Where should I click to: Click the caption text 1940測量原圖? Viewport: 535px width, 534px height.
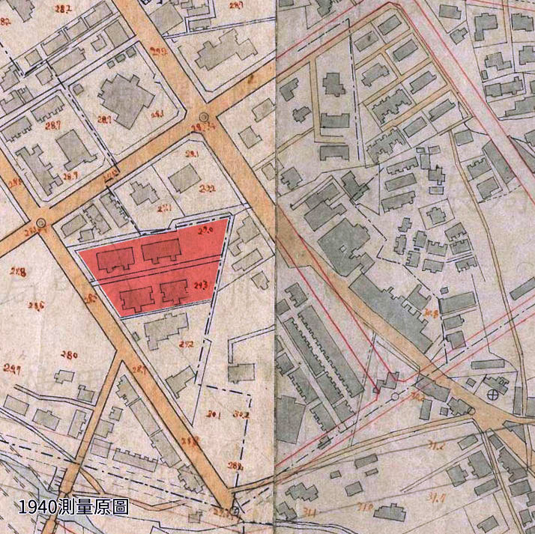point(73,506)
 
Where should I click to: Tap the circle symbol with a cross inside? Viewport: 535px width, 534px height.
point(492,393)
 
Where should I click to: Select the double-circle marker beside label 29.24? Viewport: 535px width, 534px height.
point(203,118)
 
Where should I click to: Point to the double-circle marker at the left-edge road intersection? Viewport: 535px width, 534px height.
point(40,222)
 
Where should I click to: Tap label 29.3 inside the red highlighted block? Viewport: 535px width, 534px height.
point(200,285)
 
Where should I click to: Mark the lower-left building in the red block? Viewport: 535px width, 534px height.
point(134,297)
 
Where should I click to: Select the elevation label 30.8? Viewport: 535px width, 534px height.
point(431,314)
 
